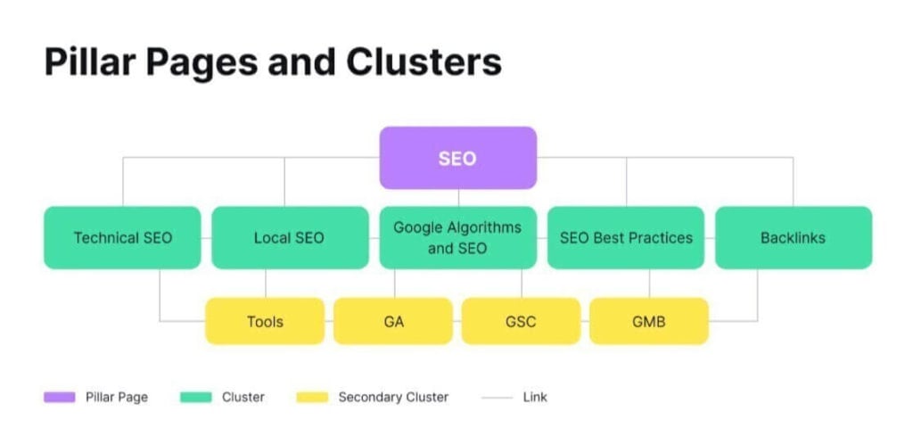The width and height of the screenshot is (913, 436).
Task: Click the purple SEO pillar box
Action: click(x=457, y=158)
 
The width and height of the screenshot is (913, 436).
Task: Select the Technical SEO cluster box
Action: click(x=122, y=238)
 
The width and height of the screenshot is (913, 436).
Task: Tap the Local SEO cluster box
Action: click(x=290, y=238)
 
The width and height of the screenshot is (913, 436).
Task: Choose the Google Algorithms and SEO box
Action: click(x=457, y=238)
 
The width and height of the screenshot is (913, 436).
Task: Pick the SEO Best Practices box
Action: click(x=625, y=238)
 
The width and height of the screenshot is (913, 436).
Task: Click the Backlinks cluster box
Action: click(x=793, y=238)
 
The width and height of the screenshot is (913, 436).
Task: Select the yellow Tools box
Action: click(x=265, y=321)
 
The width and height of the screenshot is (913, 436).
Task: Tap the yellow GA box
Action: click(x=393, y=321)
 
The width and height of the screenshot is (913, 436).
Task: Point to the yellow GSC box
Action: click(x=521, y=321)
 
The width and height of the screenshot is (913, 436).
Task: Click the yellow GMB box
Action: click(x=648, y=321)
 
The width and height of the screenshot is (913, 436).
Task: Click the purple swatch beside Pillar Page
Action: click(x=59, y=397)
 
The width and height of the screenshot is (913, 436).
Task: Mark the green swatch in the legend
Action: click(x=195, y=397)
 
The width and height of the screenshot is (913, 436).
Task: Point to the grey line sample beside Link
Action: click(x=497, y=397)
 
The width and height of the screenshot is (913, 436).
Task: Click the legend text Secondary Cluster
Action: click(x=393, y=397)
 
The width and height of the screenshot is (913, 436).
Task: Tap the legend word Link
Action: click(x=535, y=397)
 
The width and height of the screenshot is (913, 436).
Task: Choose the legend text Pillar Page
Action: click(x=117, y=397)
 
